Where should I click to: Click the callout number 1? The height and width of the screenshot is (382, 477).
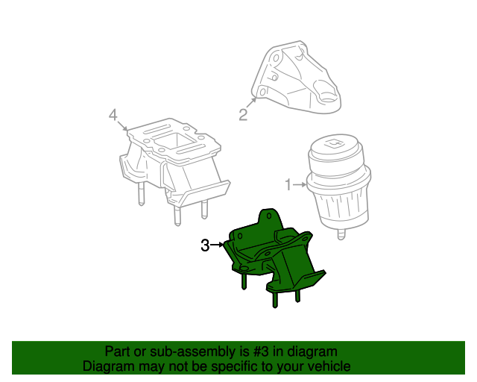click(288, 184)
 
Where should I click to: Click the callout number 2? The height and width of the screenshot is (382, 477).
click(243, 114)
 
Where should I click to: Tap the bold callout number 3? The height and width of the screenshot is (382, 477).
click(205, 245)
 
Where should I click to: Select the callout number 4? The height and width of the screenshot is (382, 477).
click(113, 114)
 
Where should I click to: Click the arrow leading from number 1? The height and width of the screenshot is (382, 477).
click(300, 184)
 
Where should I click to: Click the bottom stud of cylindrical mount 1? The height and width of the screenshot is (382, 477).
click(341, 235)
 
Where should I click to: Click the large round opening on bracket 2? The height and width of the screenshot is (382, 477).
click(329, 96)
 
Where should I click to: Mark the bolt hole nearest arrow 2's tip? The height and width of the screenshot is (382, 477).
click(262, 93)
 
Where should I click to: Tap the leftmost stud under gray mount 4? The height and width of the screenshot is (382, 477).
click(139, 195)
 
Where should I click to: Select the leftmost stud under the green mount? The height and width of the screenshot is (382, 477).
click(244, 281)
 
